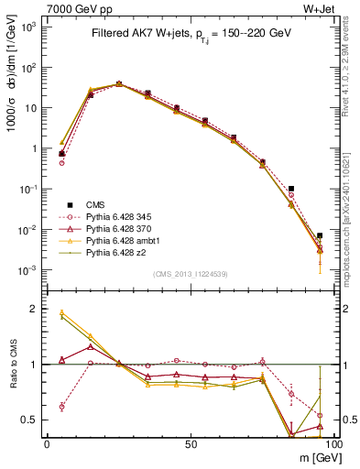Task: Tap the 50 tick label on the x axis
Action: click(190, 444)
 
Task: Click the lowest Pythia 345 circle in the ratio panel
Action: click(61, 407)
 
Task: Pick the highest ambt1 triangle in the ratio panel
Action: click(61, 312)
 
